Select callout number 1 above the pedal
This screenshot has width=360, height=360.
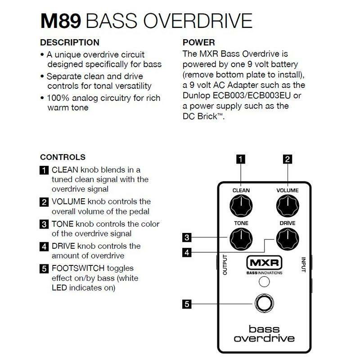pos(241,158)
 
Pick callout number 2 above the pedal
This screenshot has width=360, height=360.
pos(287,158)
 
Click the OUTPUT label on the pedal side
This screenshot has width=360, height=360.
pos(224,264)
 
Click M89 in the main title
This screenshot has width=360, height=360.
pos(59,21)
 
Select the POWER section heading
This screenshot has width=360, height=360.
pos(198,43)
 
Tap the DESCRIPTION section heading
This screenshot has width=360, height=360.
pos(70,43)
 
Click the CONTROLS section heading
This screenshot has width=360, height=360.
pos(63,158)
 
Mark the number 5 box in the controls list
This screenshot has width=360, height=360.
pos(44,269)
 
